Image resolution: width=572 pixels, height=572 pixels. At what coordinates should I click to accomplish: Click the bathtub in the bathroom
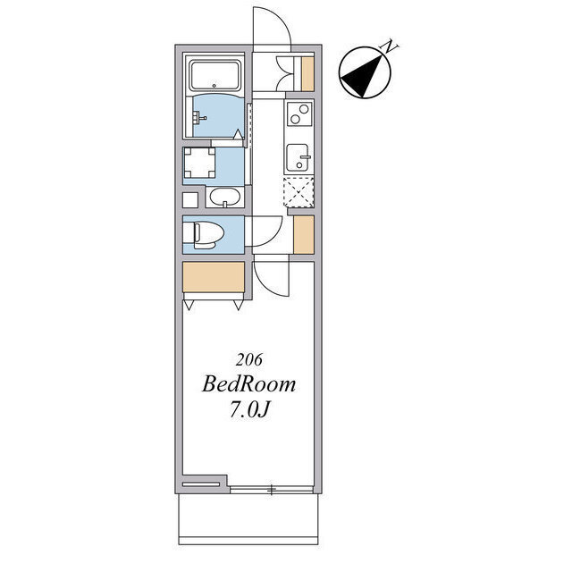click(214, 75)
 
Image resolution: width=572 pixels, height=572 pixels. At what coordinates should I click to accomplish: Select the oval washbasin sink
click(225, 198)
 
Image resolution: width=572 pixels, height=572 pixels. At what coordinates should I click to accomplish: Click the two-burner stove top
click(299, 114)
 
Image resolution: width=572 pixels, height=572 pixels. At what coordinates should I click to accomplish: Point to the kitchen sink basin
click(298, 157)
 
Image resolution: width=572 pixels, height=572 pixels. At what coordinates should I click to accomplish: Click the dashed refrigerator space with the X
click(299, 192)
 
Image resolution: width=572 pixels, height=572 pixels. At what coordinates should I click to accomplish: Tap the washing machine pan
click(199, 162)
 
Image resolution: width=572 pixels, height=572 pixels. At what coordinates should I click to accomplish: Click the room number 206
click(248, 359)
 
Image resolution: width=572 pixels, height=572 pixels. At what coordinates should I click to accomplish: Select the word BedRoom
click(248, 384)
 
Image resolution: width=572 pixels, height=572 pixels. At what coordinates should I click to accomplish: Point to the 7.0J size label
click(249, 410)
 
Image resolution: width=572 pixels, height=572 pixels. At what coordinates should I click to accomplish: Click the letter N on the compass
click(390, 46)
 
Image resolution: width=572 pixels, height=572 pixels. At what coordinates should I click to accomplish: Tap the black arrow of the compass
click(362, 75)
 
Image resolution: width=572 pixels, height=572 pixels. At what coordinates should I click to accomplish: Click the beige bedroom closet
click(214, 277)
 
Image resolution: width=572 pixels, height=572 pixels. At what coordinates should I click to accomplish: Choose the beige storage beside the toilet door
click(304, 234)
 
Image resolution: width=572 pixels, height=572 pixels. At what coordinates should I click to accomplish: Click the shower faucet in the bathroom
click(200, 117)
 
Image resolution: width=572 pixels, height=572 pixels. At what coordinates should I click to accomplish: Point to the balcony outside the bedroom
click(248, 519)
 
